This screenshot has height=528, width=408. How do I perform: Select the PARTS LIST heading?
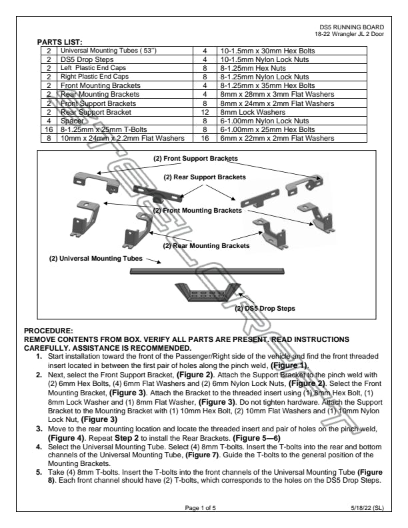tap(59, 42)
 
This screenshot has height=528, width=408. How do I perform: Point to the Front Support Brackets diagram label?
tap(195, 159)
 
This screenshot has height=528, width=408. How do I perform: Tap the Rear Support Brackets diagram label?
tap(205, 177)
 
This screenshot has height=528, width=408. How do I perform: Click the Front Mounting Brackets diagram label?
tap(197, 211)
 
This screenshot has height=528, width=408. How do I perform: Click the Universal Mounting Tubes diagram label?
tap(95, 258)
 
